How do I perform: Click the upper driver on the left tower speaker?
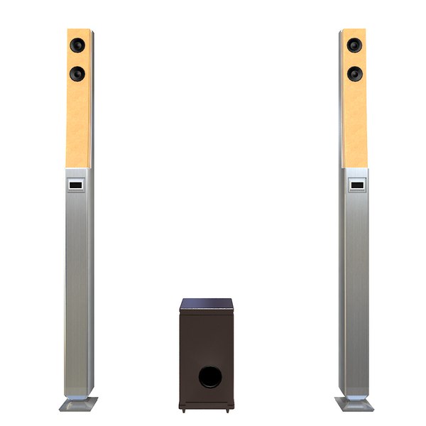77,45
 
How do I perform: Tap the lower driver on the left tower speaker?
77,73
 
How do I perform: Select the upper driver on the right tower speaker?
354,45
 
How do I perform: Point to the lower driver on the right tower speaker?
354,73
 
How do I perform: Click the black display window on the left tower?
76,186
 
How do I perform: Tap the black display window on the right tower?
356,187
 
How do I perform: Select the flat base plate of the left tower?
78,404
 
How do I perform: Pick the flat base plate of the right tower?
354,404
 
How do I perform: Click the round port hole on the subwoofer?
209,377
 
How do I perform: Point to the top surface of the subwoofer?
207,304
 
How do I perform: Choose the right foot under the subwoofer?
228,410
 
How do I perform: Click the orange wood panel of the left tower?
79,121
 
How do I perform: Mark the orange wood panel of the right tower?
354,121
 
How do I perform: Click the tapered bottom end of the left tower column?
78,388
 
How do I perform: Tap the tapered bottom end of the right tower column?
354,389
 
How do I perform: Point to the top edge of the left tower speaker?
80,30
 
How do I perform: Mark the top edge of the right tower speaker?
353,30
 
